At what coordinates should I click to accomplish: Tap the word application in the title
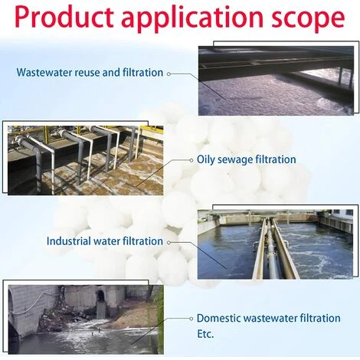point(192,18)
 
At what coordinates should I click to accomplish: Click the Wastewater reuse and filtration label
point(90,73)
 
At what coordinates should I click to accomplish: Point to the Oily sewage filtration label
point(247,160)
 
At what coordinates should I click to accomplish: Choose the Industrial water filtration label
point(105,241)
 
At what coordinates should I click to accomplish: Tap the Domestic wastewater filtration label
point(269,319)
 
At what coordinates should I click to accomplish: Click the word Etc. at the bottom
point(205,334)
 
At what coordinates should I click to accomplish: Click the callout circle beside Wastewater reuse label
point(169,74)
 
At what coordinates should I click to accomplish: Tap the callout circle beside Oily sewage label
point(191,160)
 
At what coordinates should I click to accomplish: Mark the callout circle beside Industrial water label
point(169,242)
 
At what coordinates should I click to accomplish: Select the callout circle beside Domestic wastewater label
point(191,319)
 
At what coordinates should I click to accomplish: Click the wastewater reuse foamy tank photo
point(276,80)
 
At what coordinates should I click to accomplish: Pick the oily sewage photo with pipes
point(85,160)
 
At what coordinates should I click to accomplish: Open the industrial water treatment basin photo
point(275,244)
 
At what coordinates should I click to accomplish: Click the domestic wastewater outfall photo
point(86,319)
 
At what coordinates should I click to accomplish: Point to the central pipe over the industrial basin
point(271,249)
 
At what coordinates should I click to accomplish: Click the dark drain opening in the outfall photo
point(100,296)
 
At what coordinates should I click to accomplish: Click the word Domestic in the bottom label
point(218,319)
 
